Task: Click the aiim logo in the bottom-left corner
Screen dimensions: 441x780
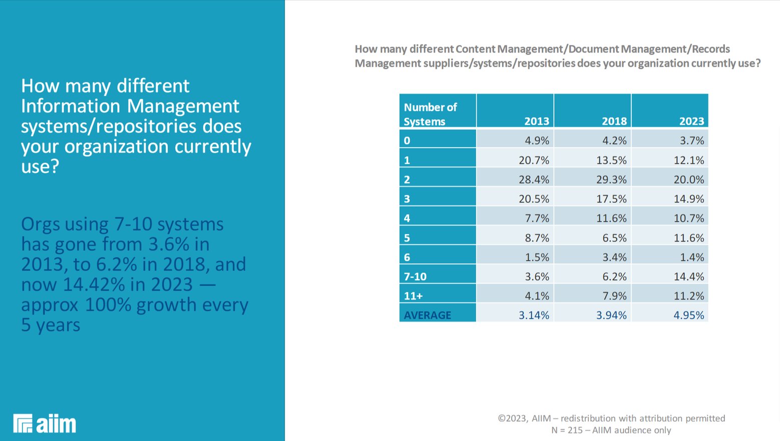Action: point(45,423)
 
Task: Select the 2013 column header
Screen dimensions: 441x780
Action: point(536,121)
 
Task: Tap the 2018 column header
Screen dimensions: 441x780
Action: point(614,121)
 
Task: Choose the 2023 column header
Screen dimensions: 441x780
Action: point(691,121)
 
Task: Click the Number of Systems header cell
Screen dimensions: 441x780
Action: point(431,114)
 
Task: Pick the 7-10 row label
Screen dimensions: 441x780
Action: point(415,276)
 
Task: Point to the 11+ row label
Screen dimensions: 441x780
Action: point(413,296)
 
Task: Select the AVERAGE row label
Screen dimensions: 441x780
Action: point(428,315)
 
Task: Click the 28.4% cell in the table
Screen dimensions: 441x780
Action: point(534,179)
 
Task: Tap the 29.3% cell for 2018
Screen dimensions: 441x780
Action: point(611,179)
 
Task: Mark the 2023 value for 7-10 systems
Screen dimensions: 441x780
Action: point(689,276)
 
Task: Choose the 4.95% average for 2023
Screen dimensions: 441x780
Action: point(689,315)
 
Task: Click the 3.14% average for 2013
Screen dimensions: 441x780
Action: point(534,315)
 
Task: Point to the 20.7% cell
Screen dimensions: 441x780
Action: point(534,160)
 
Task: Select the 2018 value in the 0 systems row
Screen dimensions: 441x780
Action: point(614,141)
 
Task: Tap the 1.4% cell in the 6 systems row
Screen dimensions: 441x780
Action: point(692,257)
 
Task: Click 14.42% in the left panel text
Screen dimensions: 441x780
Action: point(94,285)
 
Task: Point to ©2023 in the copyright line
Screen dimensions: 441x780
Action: point(513,418)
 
